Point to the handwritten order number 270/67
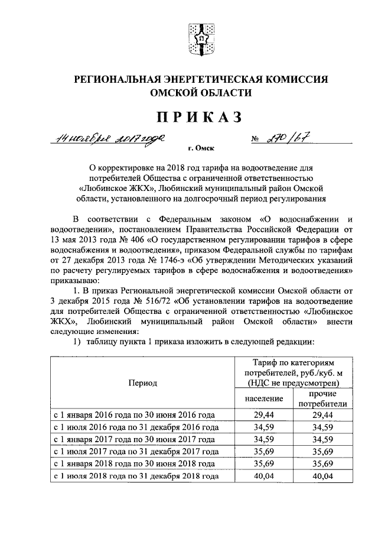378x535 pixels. tap(286, 139)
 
